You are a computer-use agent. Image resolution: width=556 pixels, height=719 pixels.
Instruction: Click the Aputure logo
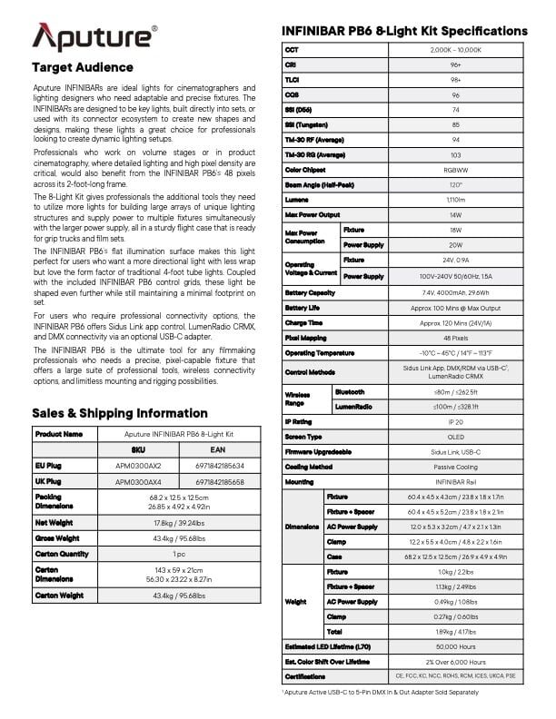pos(94,38)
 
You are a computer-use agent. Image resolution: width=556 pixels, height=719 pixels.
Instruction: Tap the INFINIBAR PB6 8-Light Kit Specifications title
pos(405,32)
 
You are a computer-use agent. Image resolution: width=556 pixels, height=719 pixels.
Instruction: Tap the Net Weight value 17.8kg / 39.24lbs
pos(179,522)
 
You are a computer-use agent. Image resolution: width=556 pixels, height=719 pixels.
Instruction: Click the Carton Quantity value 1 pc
pos(179,554)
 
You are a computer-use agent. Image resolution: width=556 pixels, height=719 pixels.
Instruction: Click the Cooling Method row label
pos(308,467)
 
